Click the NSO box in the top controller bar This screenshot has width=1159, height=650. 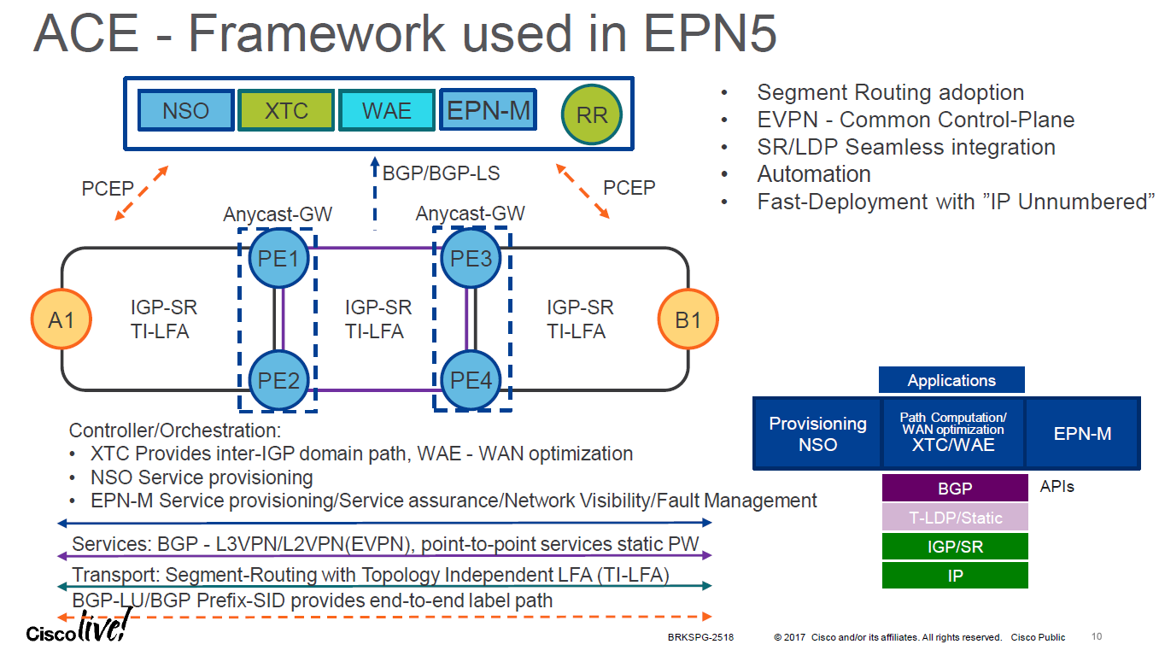(185, 111)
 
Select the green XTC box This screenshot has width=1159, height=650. (286, 111)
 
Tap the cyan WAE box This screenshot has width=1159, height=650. (387, 111)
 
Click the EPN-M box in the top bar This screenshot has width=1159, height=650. (489, 110)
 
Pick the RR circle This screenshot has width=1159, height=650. (592, 114)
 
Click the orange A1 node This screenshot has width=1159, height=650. (61, 320)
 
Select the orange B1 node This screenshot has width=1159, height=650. (688, 320)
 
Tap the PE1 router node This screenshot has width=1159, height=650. (278, 258)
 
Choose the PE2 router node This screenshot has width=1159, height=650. (278, 380)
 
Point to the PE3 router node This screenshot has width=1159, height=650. (471, 258)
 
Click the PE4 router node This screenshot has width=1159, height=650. (471, 380)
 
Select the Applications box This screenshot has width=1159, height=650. (951, 380)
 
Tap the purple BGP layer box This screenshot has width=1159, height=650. (955, 489)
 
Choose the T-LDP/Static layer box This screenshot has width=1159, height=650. (955, 518)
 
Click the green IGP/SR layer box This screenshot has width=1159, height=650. (955, 547)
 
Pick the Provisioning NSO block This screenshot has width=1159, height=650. (817, 434)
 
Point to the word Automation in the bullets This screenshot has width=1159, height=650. (814, 174)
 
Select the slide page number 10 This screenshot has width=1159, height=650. (1098, 636)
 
